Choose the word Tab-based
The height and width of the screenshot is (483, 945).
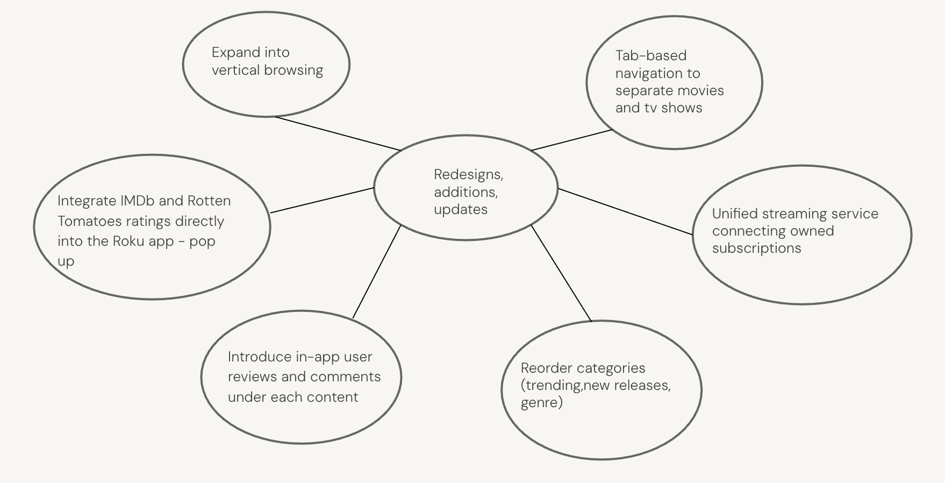[x=650, y=55]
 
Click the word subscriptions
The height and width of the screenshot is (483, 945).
[x=756, y=248]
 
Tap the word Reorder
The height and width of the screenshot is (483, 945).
[x=546, y=368]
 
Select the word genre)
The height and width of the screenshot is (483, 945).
[x=541, y=402]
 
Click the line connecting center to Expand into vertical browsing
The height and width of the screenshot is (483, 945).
[x=338, y=133]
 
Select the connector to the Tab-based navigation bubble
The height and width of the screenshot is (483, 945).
[x=571, y=140]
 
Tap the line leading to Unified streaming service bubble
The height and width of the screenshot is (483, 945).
[x=625, y=211]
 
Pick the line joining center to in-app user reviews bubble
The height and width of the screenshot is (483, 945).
[x=377, y=271]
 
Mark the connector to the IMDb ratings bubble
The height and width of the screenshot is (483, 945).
[x=322, y=200]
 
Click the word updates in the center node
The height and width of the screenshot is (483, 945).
[x=460, y=209]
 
